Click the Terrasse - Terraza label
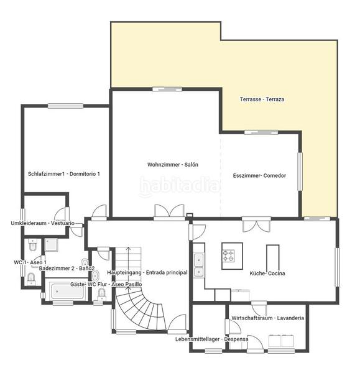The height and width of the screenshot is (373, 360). pyautogui.click(x=262, y=99)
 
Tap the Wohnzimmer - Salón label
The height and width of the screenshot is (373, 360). pyautogui.click(x=172, y=164)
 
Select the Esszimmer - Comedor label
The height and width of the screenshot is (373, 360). pyautogui.click(x=259, y=175)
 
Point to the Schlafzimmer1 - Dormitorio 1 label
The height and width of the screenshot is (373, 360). pyautogui.click(x=64, y=174)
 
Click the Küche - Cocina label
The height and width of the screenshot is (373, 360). pyautogui.click(x=267, y=274)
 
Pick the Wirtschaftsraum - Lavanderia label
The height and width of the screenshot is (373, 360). pyautogui.click(x=268, y=318)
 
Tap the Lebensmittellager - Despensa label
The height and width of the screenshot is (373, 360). pyautogui.click(x=212, y=339)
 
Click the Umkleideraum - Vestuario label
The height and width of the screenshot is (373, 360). pyautogui.click(x=43, y=223)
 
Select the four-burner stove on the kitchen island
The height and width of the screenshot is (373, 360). pyautogui.click(x=228, y=256)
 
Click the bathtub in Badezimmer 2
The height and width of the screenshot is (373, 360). pyautogui.click(x=67, y=291)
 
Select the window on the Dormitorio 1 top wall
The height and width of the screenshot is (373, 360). pyautogui.click(x=65, y=106)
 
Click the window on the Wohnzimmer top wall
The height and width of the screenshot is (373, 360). pyautogui.click(x=167, y=89)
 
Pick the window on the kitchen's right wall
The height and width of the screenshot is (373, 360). pyautogui.click(x=337, y=267)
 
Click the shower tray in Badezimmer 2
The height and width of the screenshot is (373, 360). pyautogui.click(x=51, y=245)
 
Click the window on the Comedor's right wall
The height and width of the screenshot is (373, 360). pyautogui.click(x=300, y=172)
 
